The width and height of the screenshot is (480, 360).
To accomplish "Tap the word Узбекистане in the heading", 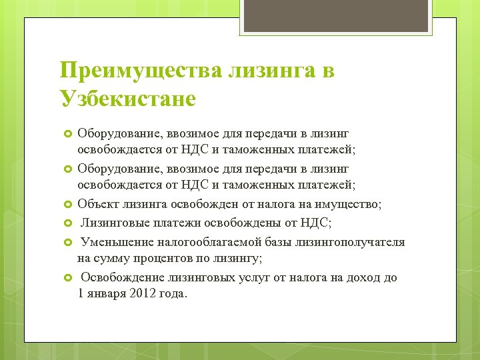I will (x=127, y=99).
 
